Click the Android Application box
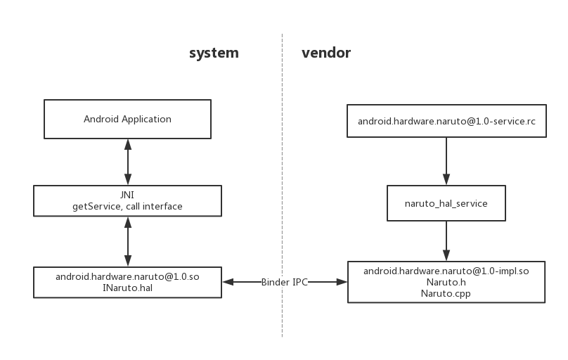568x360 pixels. (127, 119)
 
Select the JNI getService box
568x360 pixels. (127, 200)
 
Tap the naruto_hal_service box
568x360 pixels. (446, 203)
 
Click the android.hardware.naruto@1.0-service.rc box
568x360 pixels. (446, 121)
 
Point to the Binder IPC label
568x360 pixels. (283, 282)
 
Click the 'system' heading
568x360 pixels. (214, 53)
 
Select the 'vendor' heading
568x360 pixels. (326, 53)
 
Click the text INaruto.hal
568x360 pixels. (127, 288)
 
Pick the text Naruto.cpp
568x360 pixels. (446, 294)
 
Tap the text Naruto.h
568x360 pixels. (446, 282)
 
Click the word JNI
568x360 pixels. (127, 195)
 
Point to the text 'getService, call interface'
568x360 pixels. (127, 207)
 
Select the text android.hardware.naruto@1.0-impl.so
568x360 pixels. (446, 271)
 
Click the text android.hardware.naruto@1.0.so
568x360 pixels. (127, 276)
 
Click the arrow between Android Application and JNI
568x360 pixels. (127, 162)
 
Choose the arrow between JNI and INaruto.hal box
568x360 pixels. (127, 241)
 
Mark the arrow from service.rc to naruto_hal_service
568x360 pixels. (446, 161)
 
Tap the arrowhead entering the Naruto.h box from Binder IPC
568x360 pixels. (343, 282)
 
